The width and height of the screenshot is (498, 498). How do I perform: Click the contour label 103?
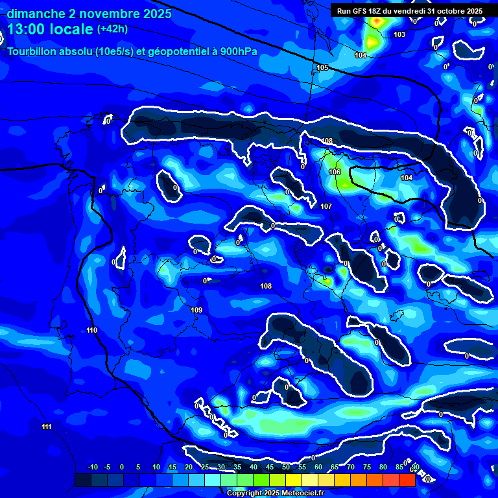tap(399, 34)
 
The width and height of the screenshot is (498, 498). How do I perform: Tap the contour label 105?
tap(322, 68)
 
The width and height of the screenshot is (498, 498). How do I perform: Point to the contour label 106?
tap(335, 172)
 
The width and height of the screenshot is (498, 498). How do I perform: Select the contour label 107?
tap(326, 206)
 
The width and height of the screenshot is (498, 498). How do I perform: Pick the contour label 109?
tap(196, 310)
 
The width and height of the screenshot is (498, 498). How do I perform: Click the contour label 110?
tap(91, 331)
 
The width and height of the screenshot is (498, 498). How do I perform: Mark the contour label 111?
tap(46, 427)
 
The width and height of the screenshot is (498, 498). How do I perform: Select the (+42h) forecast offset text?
tap(112, 29)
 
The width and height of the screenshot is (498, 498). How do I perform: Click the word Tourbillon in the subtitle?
tap(35, 51)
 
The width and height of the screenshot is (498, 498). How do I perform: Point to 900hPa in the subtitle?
tap(239, 51)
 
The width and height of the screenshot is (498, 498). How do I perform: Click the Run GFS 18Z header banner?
tap(410, 11)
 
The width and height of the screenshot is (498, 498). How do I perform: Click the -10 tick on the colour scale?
tap(92, 468)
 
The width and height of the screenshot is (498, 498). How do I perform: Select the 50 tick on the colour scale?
tap(286, 468)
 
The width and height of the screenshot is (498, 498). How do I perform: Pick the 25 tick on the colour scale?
tap(205, 468)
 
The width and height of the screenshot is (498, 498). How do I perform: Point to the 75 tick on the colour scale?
tap(367, 468)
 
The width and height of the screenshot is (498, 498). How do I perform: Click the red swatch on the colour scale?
tap(407, 480)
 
